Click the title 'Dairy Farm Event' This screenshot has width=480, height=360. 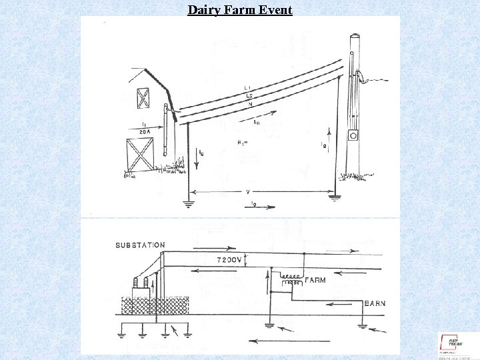pos(240,9)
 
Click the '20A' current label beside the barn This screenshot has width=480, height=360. pos(145,132)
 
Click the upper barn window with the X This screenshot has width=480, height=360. pos(143,98)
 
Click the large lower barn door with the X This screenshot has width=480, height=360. pos(139,155)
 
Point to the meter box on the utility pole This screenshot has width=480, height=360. pos(353,135)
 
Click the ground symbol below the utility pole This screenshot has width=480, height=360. pos(335,197)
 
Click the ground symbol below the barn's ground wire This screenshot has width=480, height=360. pos(189,203)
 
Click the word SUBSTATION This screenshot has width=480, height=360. pos(140,245)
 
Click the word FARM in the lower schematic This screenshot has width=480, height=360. pos(315,281)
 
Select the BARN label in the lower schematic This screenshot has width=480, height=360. pos(375,303)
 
